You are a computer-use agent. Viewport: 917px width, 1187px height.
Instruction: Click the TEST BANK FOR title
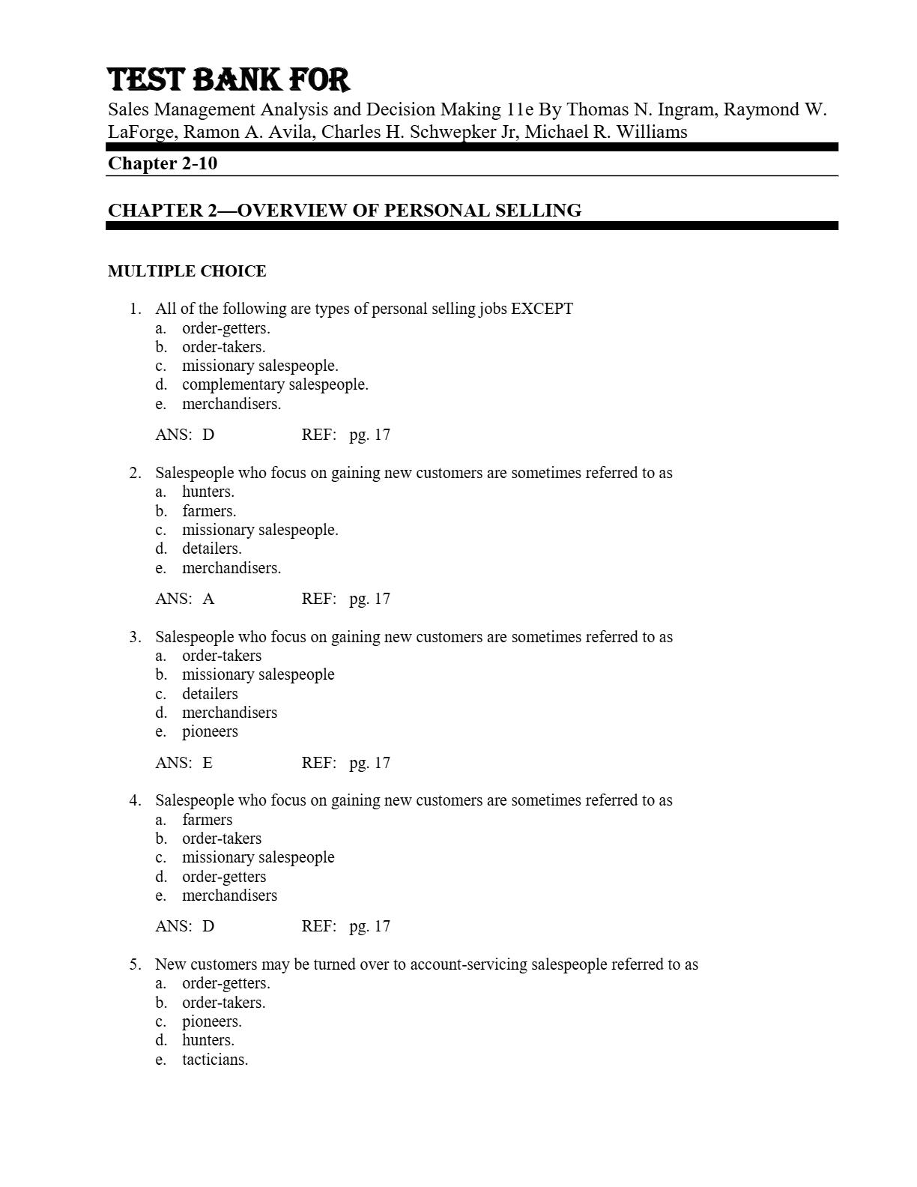pos(229,80)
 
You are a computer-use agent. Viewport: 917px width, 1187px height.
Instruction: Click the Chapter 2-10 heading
pos(163,163)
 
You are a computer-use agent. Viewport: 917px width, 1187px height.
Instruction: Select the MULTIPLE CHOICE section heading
pos(187,271)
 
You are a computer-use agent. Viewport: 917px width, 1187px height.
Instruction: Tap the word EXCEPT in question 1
pos(542,309)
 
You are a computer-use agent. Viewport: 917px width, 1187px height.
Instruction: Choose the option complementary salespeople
pos(275,384)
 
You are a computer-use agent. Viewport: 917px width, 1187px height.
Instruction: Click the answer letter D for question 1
pos(208,435)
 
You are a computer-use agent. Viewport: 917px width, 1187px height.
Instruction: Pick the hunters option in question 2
pos(208,492)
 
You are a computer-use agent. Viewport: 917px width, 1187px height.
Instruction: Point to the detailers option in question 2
pos(211,549)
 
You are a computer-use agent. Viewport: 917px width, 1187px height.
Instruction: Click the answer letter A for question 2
pos(208,599)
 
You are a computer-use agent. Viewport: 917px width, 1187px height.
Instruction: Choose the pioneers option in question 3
pos(210,731)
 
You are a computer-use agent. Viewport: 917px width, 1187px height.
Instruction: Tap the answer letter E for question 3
pos(208,763)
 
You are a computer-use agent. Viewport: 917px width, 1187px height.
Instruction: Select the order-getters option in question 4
pos(224,877)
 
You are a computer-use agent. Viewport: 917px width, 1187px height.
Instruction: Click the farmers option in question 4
pos(207,820)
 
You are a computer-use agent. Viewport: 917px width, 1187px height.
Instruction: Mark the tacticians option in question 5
pos(215,1060)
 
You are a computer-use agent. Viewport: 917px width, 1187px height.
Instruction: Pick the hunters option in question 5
pos(208,1040)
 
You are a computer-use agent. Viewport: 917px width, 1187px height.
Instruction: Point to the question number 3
pos(135,637)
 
